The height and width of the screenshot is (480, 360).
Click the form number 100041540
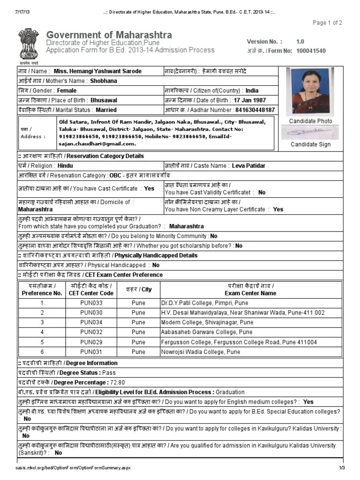[311, 51]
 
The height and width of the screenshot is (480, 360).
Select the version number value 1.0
[300, 41]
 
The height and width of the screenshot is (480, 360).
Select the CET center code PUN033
[91, 303]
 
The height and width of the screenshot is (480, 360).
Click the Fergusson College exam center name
[239, 342]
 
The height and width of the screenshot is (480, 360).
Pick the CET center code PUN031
[91, 352]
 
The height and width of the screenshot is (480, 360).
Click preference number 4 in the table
[42, 332]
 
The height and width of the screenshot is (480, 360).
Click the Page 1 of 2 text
[327, 22]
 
